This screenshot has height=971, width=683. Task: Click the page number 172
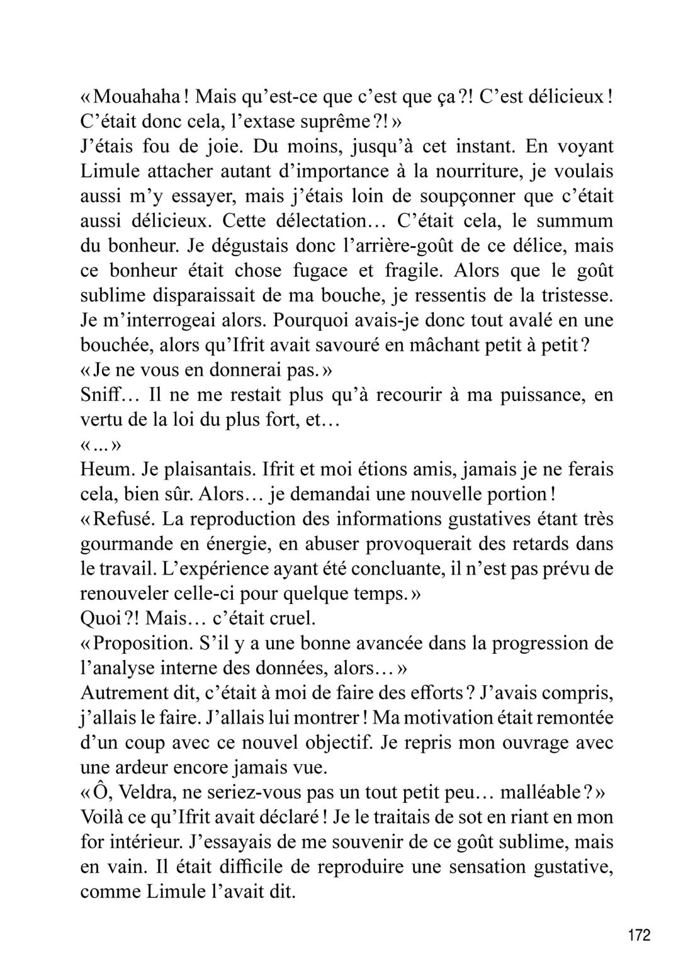pos(638,935)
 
